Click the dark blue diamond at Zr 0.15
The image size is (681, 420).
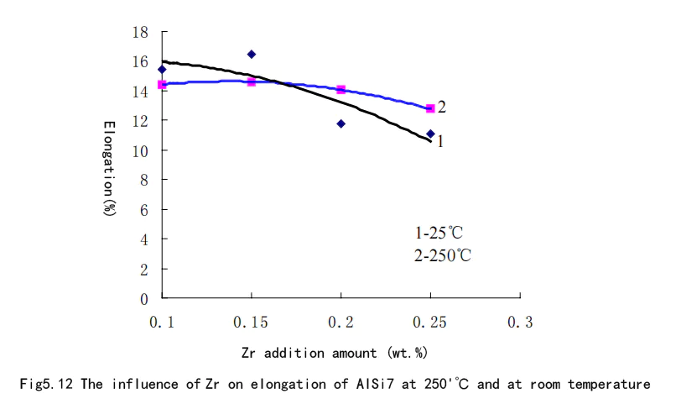tap(251, 55)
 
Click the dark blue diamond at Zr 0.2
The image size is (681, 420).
tap(340, 123)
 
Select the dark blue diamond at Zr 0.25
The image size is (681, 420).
tap(430, 134)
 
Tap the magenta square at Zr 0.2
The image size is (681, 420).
tap(340, 89)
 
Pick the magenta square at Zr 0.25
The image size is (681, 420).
tap(430, 108)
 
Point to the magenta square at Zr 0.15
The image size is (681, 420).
tap(251, 81)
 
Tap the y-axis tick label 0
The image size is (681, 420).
tap(144, 298)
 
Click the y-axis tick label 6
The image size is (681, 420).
tap(144, 209)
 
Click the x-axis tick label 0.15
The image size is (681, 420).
tap(251, 323)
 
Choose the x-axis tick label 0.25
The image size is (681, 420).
tap(430, 323)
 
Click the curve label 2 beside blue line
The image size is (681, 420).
tap(442, 107)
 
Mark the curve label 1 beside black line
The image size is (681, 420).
tap(439, 142)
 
